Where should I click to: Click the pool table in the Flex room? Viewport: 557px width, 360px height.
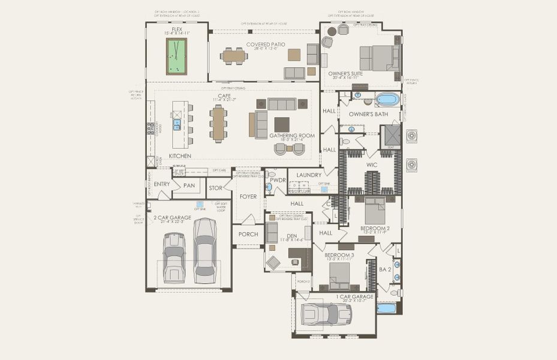[176, 56]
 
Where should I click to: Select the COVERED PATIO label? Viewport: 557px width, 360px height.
[265, 44]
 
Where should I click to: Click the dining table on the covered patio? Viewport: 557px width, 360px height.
[233, 56]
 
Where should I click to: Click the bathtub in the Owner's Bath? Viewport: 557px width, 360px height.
[387, 99]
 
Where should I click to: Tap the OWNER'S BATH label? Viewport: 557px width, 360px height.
[368, 114]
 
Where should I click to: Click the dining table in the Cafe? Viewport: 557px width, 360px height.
[218, 123]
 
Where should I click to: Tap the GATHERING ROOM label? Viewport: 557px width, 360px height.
[292, 136]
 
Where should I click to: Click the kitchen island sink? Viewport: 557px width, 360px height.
[177, 125]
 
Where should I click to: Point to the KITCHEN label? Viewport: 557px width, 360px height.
[180, 156]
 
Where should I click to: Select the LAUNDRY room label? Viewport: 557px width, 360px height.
[309, 175]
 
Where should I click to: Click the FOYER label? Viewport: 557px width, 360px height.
[248, 196]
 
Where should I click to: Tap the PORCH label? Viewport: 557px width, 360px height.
[248, 234]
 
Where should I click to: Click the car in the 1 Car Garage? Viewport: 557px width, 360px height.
[327, 314]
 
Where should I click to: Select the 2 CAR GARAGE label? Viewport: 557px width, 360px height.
[172, 217]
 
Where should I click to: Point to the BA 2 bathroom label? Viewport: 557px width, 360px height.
[384, 269]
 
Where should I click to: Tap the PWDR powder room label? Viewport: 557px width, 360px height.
[277, 179]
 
